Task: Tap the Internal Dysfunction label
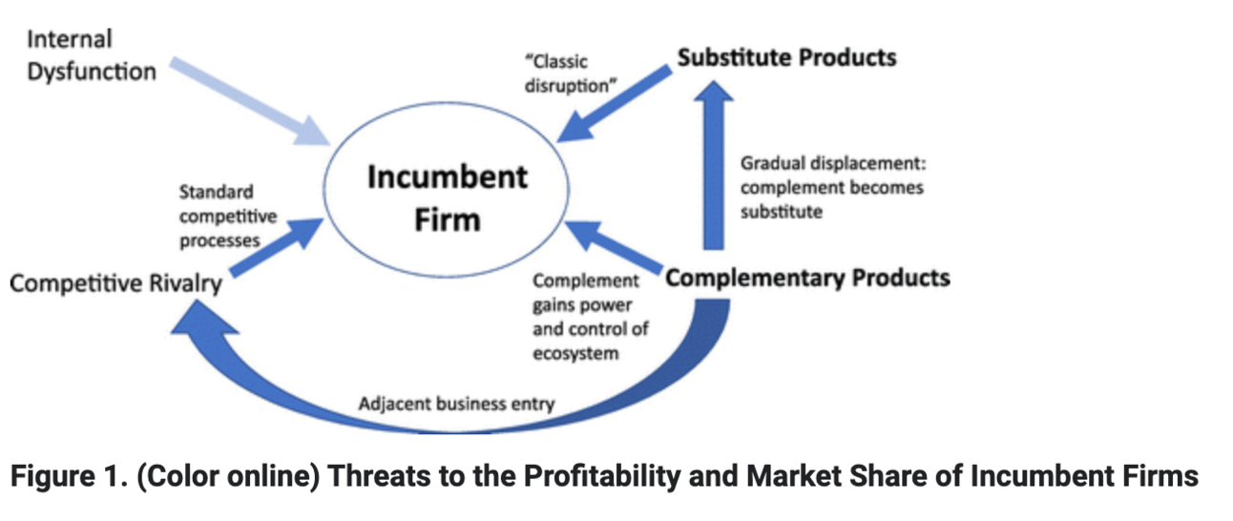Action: tap(92, 55)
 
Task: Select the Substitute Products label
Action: tap(786, 57)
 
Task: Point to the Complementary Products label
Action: tap(807, 278)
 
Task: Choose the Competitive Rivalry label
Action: tap(115, 284)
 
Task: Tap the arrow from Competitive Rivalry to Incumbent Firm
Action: tap(278, 245)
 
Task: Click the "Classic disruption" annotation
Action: tap(570, 73)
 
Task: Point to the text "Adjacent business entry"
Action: tap(456, 404)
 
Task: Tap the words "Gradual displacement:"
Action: tap(827, 163)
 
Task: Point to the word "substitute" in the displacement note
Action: tap(781, 212)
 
